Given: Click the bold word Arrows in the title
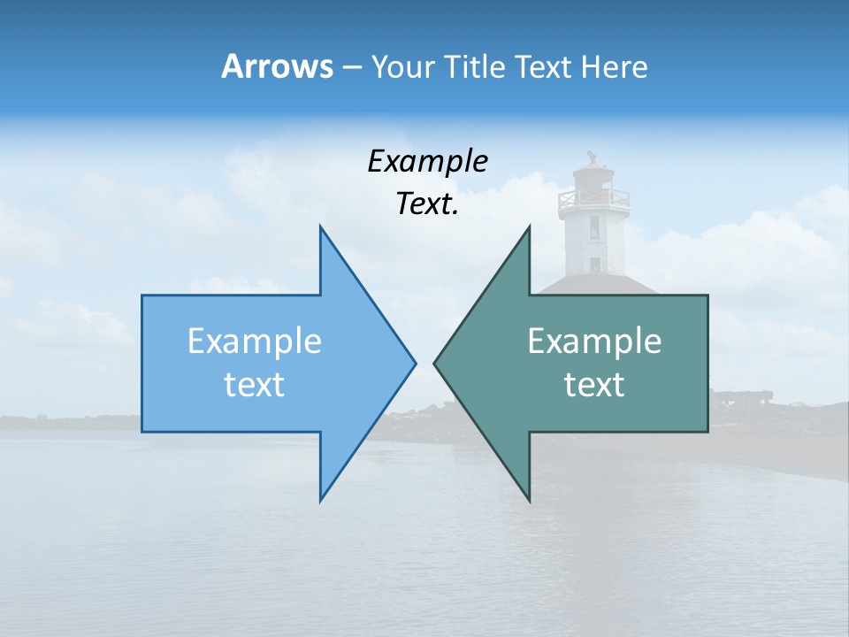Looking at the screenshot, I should [277, 66].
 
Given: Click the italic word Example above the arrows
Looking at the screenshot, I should [427, 161].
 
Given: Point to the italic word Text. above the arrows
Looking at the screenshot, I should [427, 204].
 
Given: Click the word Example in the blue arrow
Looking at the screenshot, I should [254, 342].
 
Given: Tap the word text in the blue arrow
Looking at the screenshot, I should [254, 385].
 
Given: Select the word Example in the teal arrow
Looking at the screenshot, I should [594, 342].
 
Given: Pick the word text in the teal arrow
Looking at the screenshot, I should [594, 385].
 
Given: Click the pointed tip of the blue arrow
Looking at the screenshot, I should [414, 363].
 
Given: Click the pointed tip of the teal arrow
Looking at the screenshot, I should [435, 363].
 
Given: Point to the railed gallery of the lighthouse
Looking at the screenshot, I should [593, 199].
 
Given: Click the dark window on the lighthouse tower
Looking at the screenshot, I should [594, 228].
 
